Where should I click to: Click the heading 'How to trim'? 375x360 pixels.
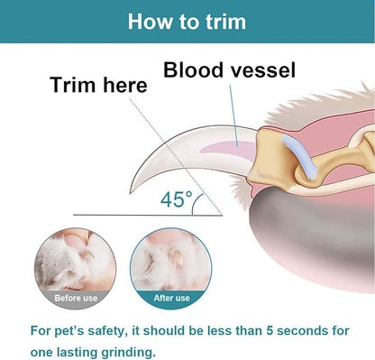(x=187, y=21)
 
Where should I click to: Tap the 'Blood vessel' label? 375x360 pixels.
(x=229, y=69)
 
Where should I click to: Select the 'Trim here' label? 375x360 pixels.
(x=98, y=86)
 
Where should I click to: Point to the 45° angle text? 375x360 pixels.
(x=177, y=199)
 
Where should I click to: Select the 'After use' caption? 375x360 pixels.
(x=170, y=298)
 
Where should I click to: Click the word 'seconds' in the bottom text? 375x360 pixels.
(x=310, y=330)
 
